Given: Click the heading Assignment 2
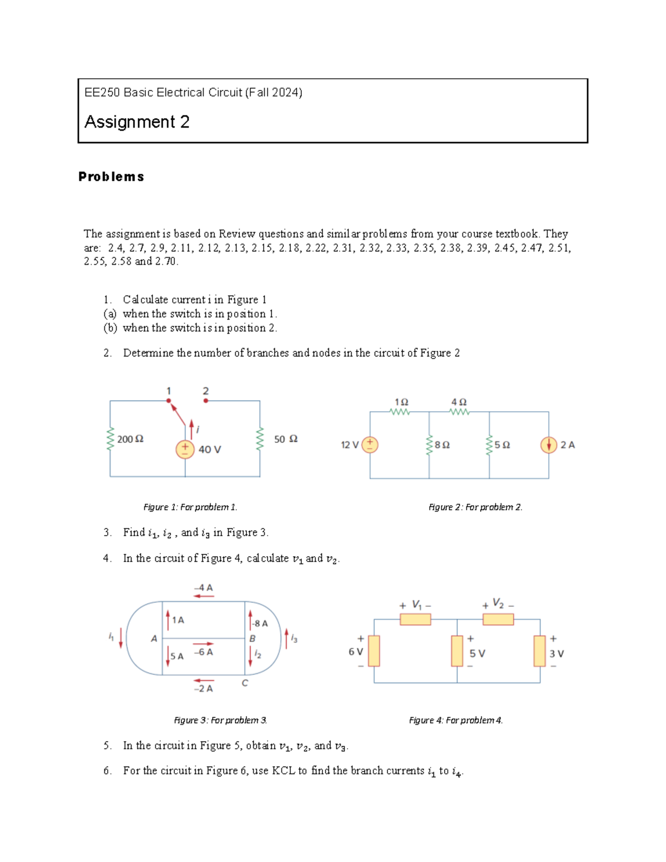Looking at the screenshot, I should click(x=137, y=122).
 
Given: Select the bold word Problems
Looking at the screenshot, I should click(x=111, y=177).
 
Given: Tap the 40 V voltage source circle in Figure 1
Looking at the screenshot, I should click(x=185, y=449).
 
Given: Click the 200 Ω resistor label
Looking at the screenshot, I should click(x=130, y=439).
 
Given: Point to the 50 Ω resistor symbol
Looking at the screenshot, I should click(x=259, y=439).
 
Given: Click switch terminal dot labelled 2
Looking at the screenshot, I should click(x=206, y=400).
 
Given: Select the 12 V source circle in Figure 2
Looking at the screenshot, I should click(x=370, y=445).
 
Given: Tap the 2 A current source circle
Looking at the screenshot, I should click(x=548, y=445).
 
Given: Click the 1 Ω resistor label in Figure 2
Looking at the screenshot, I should click(x=401, y=402).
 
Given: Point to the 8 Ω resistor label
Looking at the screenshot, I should click(x=442, y=445).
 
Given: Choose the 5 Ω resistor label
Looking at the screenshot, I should click(x=502, y=445).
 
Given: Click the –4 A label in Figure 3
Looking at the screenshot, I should click(x=204, y=588).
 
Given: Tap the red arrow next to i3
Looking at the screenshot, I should click(x=286, y=638).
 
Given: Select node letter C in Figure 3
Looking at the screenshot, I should click(x=245, y=683).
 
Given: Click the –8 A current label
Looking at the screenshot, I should click(x=260, y=623).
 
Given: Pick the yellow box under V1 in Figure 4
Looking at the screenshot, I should click(x=415, y=619).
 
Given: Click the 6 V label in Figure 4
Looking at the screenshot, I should click(x=356, y=652).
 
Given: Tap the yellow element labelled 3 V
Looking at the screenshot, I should click(x=539, y=651).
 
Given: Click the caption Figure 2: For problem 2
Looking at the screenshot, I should click(x=475, y=507).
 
